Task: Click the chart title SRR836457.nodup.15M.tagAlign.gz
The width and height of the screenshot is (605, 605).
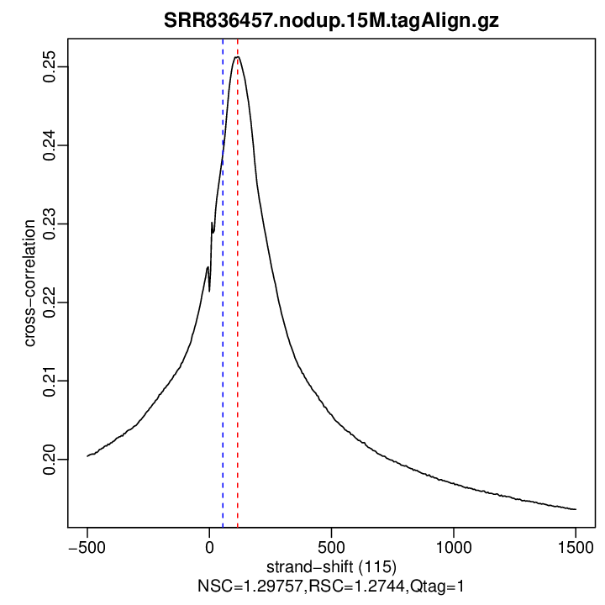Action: click(x=331, y=21)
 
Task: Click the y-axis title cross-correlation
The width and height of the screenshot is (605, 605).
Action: click(x=30, y=283)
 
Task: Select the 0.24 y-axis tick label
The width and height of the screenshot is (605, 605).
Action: click(x=49, y=145)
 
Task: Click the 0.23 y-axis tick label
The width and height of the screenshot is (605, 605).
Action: click(x=49, y=224)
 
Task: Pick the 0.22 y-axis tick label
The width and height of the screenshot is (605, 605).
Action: click(x=49, y=302)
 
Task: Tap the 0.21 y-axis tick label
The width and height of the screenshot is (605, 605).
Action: click(x=49, y=381)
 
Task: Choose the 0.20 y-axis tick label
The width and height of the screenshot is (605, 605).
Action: click(x=49, y=459)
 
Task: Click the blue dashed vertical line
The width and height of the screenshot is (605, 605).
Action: click(x=223, y=378)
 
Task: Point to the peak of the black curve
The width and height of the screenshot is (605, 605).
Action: click(x=237, y=57)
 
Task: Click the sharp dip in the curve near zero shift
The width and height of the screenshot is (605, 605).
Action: click(x=209, y=291)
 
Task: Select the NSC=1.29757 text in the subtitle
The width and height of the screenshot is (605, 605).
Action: click(x=241, y=584)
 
